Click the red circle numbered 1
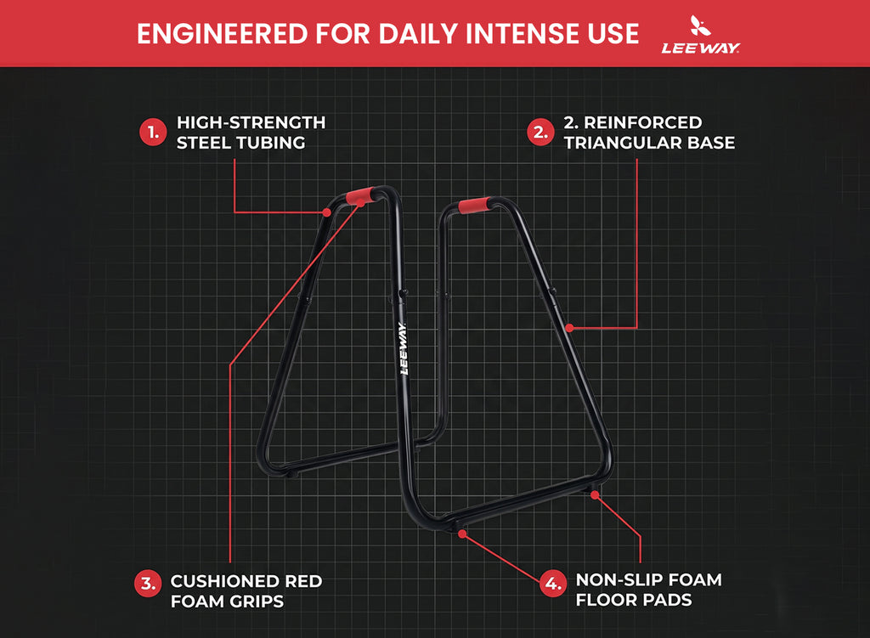click(x=153, y=133)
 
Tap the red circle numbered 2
click(x=540, y=133)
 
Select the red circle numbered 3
click(x=148, y=584)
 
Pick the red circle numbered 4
click(x=553, y=584)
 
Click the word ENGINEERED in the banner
click(x=222, y=34)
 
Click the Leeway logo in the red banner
click(x=700, y=35)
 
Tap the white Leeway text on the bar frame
click(x=404, y=348)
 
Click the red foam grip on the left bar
click(x=360, y=196)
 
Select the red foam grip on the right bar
click(x=474, y=205)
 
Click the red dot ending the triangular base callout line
click(x=569, y=328)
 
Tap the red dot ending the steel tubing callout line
click(x=327, y=212)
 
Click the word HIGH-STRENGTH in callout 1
click(x=251, y=122)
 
